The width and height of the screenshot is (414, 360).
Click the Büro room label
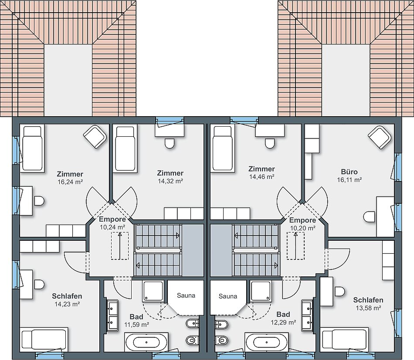coord(350,172)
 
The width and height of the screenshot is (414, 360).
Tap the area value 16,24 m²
coord(70,182)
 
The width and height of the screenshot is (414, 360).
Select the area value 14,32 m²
coord(170,181)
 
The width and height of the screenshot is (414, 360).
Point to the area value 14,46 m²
coord(261,176)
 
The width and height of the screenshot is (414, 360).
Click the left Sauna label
coord(186,296)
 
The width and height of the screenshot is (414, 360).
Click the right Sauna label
coord(228,296)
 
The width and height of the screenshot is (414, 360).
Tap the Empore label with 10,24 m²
coord(112,219)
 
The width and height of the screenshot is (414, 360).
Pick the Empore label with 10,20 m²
coord(302,220)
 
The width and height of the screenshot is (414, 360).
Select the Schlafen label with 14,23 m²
coord(67,296)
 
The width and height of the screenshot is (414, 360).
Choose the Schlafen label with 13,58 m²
coord(368,300)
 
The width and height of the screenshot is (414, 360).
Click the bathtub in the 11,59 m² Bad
coord(146,342)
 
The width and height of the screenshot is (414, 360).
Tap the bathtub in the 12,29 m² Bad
coord(267,342)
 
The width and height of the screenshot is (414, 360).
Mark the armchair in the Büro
coord(380,137)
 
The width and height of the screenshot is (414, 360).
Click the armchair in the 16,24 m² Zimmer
coord(95,137)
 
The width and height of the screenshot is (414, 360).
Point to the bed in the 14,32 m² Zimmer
coord(126,148)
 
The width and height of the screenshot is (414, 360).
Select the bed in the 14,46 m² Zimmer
coord(222,148)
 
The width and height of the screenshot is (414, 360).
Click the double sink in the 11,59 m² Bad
coord(113,316)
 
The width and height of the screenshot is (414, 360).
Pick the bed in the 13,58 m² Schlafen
coord(344,340)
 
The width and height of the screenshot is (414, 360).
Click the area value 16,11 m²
coord(350,180)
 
